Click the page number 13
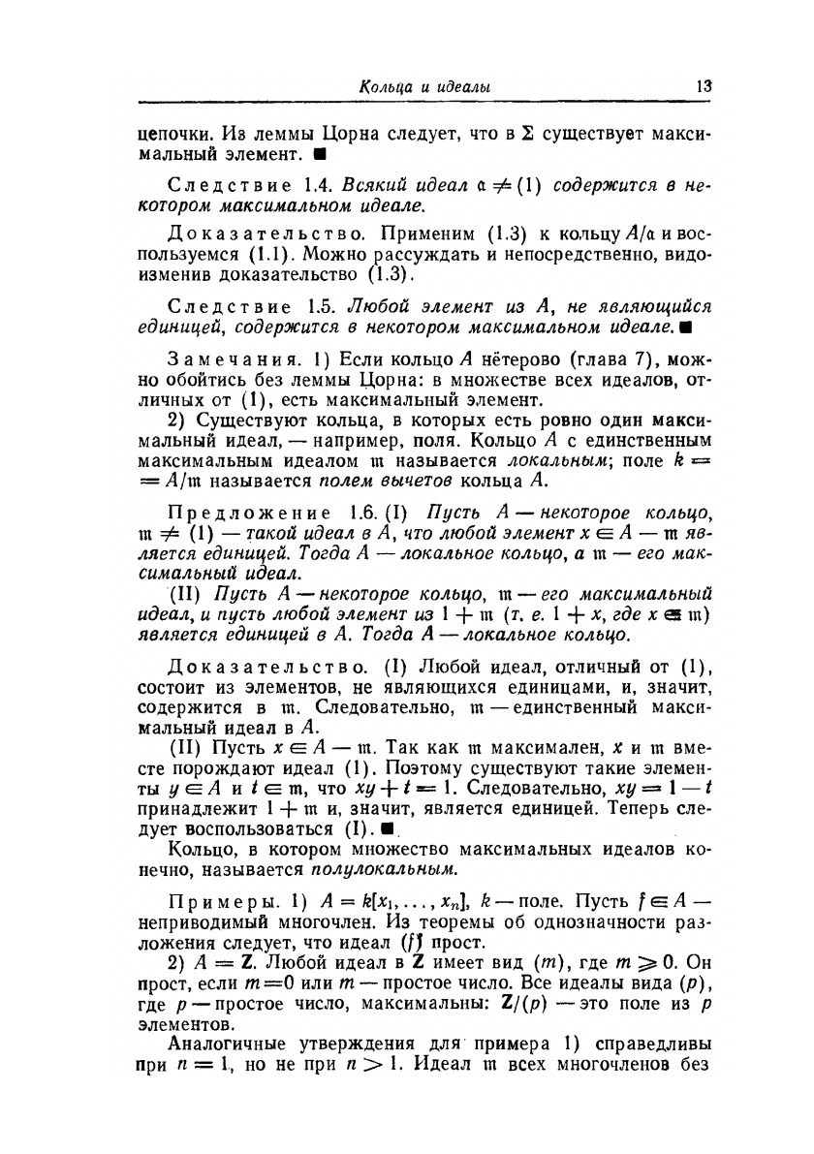(704, 86)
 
